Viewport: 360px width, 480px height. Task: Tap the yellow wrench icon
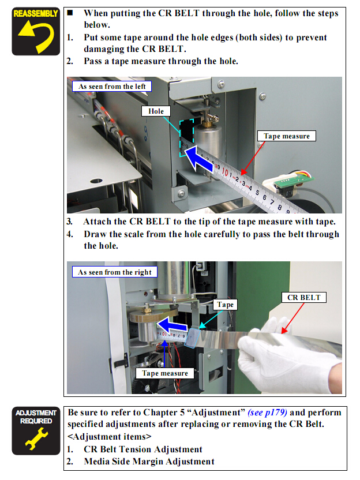(x=36, y=438)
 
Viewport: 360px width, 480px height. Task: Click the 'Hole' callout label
(x=156, y=111)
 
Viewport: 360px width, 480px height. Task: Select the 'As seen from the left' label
(x=112, y=87)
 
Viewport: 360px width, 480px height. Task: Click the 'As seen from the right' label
(x=114, y=272)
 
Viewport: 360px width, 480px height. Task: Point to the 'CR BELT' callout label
(x=303, y=297)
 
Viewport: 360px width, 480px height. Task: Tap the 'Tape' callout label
(x=225, y=305)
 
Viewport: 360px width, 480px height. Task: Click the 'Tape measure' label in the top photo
(x=287, y=136)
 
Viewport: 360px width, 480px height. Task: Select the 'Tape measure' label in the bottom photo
(x=164, y=373)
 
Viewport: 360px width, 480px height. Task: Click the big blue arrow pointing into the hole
(x=198, y=159)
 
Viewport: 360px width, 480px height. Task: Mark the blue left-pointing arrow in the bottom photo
(x=172, y=325)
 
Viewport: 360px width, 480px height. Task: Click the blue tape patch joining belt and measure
(x=192, y=337)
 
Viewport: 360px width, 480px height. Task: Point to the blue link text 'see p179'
(x=268, y=412)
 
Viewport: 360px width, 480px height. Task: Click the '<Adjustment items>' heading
(x=109, y=437)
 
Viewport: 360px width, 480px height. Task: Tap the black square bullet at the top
(x=70, y=13)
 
